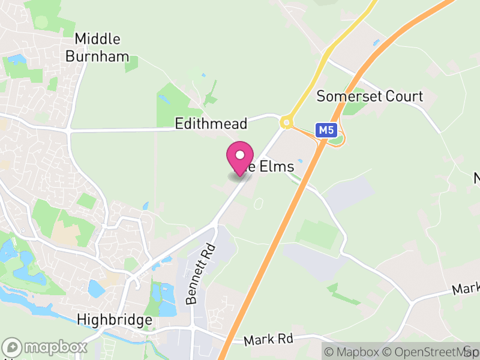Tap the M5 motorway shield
click(325, 130)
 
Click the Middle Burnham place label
click(97, 48)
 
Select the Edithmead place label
click(211, 124)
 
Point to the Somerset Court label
click(370, 96)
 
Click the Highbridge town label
click(115, 320)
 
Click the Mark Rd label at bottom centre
click(268, 340)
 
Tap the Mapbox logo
click(45, 347)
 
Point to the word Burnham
click(97, 57)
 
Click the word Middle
click(97, 39)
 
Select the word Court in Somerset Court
click(405, 96)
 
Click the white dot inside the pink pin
click(239, 155)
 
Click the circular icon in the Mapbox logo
click(12, 347)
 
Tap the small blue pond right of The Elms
click(300, 161)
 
